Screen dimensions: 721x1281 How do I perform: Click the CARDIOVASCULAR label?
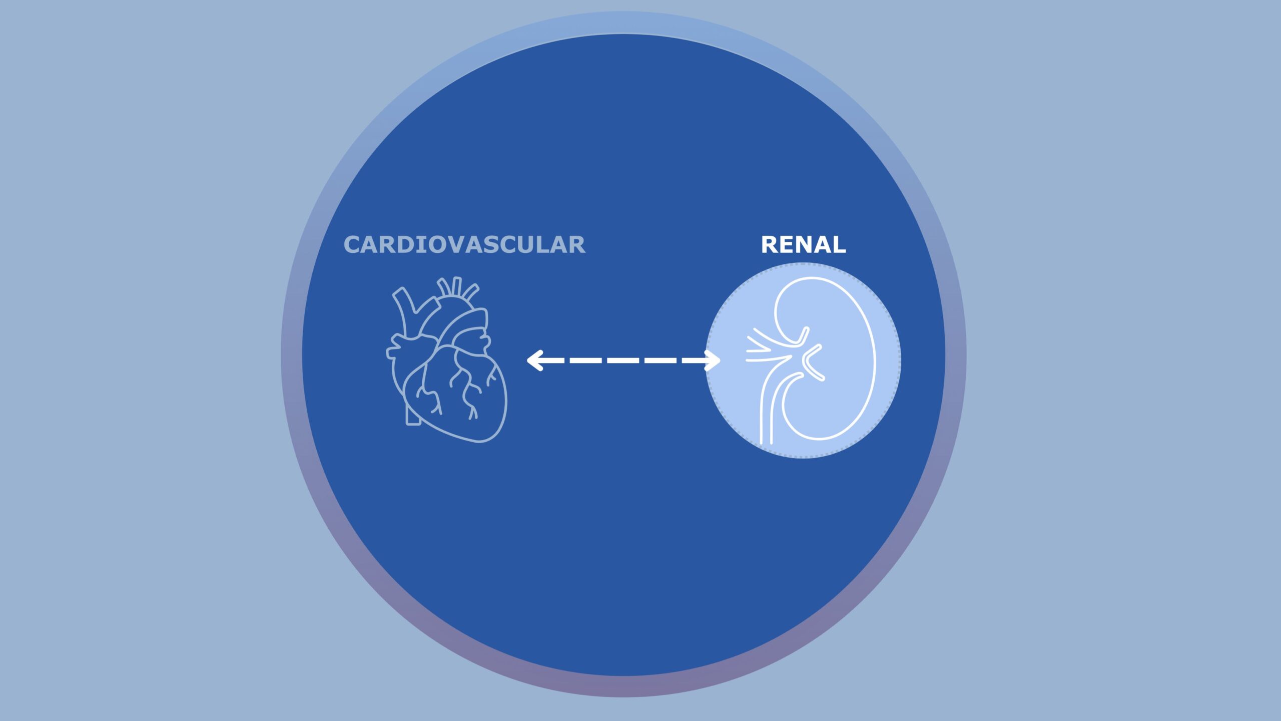pos(464,245)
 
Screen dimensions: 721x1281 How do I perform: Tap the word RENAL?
pos(803,245)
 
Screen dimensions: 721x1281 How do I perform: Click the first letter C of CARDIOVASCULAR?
pos(353,245)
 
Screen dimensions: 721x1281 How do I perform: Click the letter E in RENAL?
pos(786,245)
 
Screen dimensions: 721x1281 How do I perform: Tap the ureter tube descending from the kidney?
pos(766,416)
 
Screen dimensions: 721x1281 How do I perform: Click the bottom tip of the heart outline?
pos(480,441)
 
